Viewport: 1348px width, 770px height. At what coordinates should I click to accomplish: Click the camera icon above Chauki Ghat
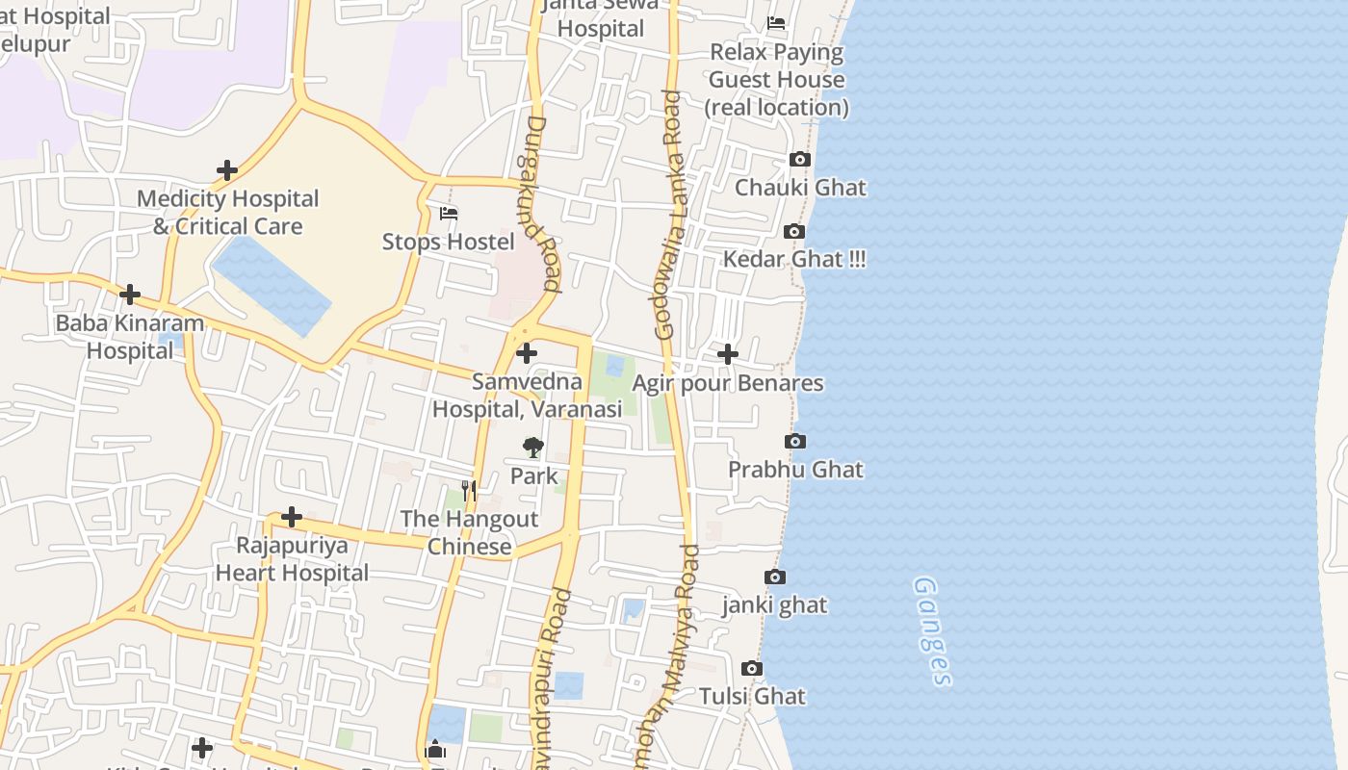(799, 160)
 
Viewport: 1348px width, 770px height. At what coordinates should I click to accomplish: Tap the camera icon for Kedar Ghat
(794, 231)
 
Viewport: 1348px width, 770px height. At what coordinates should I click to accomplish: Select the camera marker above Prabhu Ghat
(795, 442)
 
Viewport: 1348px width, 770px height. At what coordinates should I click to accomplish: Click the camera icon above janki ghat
(775, 577)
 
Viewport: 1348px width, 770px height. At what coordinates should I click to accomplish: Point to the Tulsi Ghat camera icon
(752, 669)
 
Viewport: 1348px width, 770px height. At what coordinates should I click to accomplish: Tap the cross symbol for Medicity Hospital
(227, 170)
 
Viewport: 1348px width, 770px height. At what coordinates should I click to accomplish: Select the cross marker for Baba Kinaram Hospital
(130, 295)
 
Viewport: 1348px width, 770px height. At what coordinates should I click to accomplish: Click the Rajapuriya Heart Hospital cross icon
(292, 518)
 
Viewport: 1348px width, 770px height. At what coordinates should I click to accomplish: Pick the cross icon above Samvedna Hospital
(527, 353)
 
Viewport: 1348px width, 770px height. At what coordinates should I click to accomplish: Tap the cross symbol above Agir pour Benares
(728, 354)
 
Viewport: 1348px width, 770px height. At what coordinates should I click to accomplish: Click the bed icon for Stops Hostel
(449, 213)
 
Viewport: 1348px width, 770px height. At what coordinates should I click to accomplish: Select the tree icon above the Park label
(533, 448)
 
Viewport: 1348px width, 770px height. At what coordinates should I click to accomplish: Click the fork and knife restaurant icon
(469, 491)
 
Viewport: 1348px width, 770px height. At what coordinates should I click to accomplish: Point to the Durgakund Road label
(543, 204)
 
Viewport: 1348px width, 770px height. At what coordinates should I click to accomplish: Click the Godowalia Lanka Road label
(669, 214)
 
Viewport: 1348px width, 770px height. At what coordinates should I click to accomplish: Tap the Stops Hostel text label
(449, 242)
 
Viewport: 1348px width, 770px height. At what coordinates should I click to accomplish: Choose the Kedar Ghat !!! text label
(794, 259)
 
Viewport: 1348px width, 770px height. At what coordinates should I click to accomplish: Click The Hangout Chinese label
(469, 532)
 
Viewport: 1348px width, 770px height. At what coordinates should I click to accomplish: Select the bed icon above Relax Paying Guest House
(776, 23)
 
